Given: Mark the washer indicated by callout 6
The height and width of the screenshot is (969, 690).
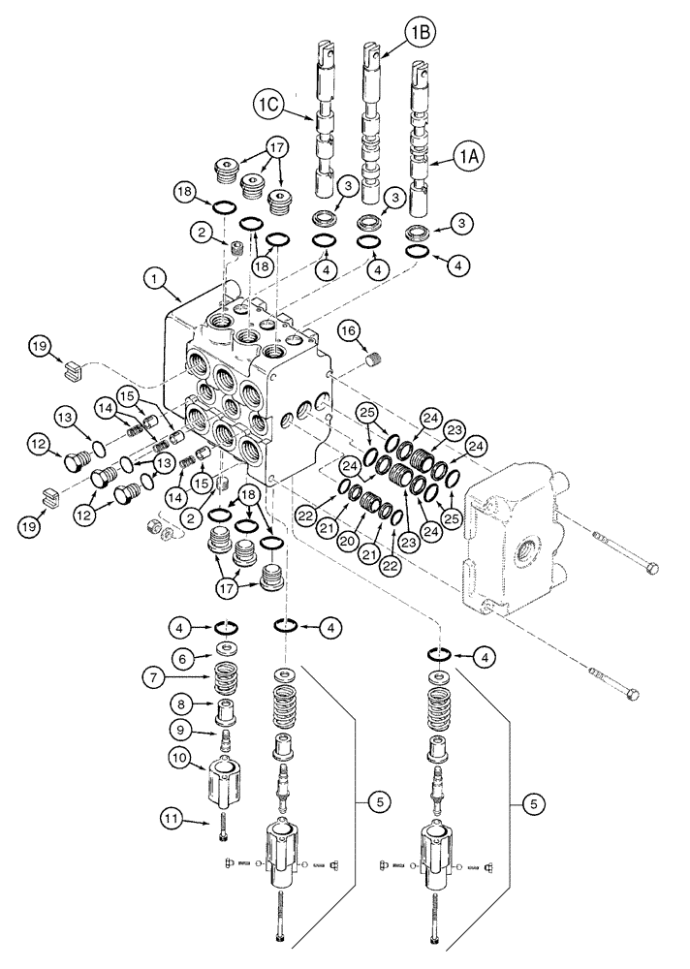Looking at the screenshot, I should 226,649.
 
